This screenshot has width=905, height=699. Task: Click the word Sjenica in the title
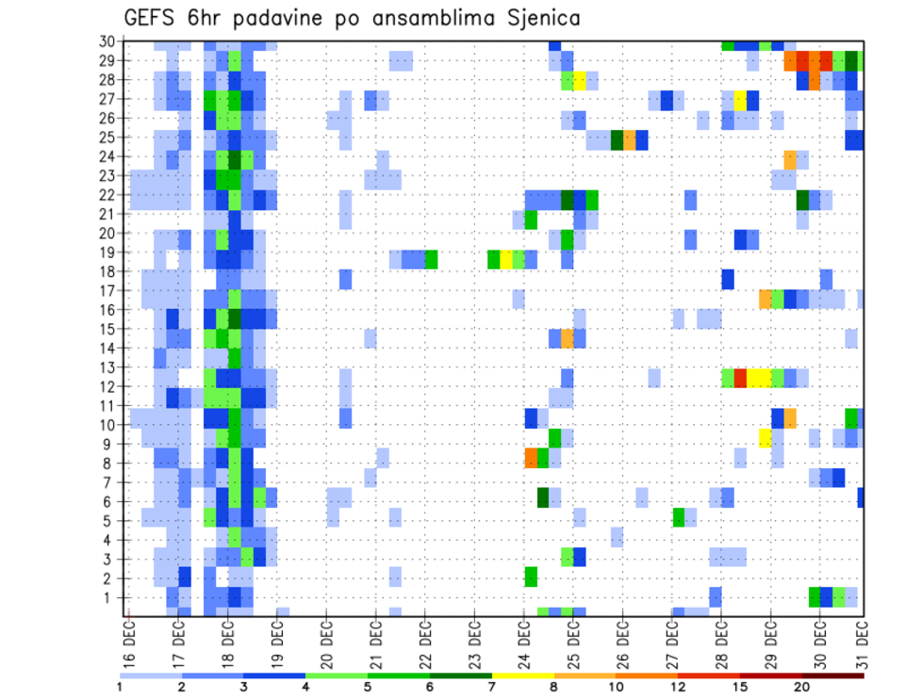click(x=532, y=18)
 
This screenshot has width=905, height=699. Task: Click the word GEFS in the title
click(x=154, y=18)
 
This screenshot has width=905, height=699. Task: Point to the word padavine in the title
click(x=309, y=19)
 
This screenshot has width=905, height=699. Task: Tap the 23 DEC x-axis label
click(x=474, y=643)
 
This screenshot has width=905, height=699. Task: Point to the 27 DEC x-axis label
click(x=671, y=643)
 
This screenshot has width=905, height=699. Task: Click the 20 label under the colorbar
click(x=802, y=687)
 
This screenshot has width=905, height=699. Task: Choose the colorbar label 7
click(x=492, y=687)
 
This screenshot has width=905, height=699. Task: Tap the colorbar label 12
click(x=678, y=687)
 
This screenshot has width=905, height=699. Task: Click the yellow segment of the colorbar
click(x=523, y=675)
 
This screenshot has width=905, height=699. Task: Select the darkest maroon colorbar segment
click(x=833, y=675)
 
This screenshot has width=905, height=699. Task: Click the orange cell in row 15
click(x=568, y=337)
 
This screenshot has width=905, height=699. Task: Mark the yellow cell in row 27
click(x=740, y=99)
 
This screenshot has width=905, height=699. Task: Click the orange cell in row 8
click(x=531, y=458)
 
